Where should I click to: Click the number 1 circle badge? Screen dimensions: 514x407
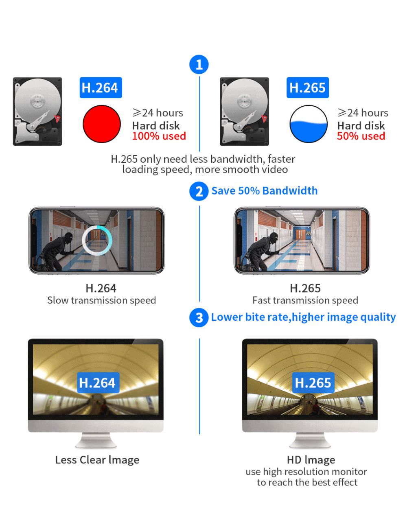pyautogui.click(x=199, y=65)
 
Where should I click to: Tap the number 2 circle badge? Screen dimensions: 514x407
pyautogui.click(x=199, y=191)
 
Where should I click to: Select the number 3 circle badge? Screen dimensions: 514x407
pyautogui.click(x=199, y=317)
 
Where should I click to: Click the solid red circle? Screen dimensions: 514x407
pyautogui.click(x=102, y=124)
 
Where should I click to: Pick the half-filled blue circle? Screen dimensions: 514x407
pyautogui.click(x=309, y=124)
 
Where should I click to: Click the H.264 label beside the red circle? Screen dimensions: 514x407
pyautogui.click(x=100, y=88)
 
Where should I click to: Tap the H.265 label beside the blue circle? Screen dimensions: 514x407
pyautogui.click(x=307, y=88)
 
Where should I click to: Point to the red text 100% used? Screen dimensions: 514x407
pyautogui.click(x=159, y=136)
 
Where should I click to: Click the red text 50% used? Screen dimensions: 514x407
pyautogui.click(x=361, y=136)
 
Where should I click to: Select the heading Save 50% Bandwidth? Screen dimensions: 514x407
pyautogui.click(x=264, y=191)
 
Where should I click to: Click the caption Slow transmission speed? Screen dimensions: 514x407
pyautogui.click(x=101, y=300)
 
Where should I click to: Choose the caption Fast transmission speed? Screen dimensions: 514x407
pyautogui.click(x=305, y=300)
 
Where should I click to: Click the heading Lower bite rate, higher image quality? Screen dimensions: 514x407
pyautogui.click(x=303, y=317)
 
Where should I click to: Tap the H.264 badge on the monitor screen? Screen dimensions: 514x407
pyautogui.click(x=98, y=383)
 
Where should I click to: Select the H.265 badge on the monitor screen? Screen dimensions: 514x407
pyautogui.click(x=313, y=383)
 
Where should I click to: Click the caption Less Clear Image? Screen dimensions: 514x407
pyautogui.click(x=97, y=460)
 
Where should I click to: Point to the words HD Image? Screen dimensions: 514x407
pyautogui.click(x=311, y=460)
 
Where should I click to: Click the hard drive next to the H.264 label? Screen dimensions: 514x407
pyautogui.click(x=37, y=112)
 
